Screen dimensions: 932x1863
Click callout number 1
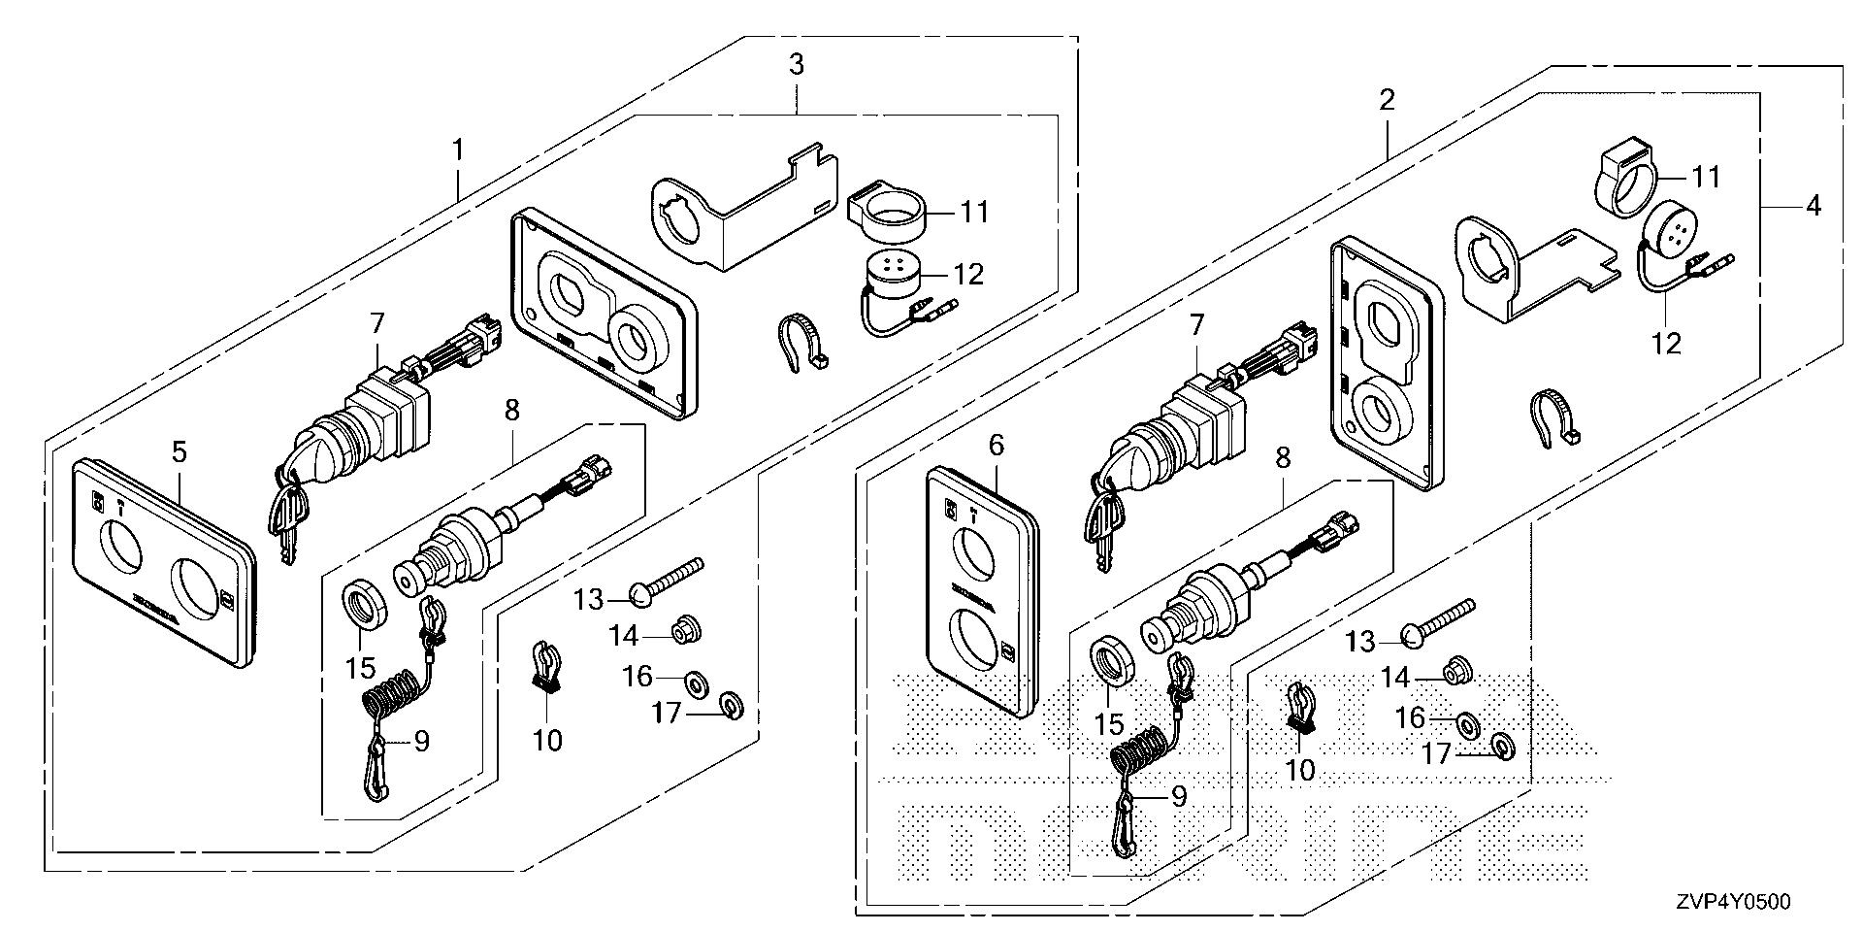pos(457,151)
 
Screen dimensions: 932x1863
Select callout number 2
pos(1387,100)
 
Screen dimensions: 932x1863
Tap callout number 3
pos(796,66)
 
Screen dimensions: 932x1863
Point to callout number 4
pos(1812,206)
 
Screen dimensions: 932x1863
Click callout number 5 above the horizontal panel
pos(179,451)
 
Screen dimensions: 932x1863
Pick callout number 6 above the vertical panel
pos(996,447)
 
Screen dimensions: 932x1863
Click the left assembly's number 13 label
pos(588,600)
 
